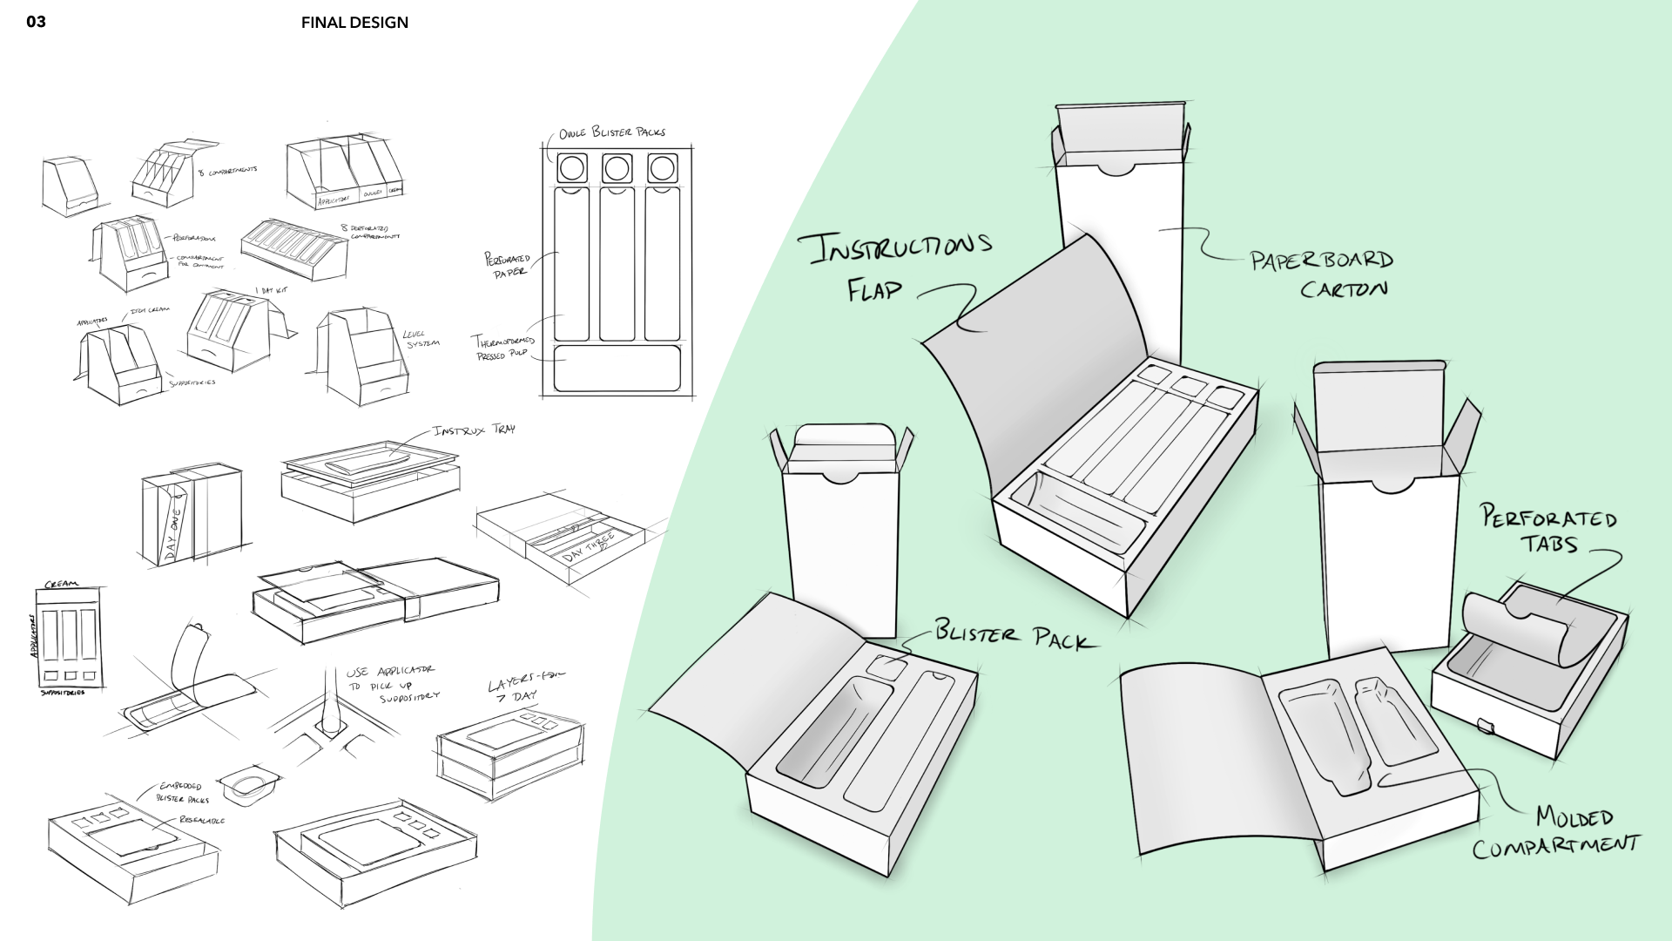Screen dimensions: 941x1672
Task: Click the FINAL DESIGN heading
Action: click(x=354, y=23)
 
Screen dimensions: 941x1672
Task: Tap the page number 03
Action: click(x=36, y=23)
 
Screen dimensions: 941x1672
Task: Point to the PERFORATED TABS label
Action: click(x=1549, y=530)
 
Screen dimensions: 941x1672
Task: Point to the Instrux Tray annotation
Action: click(x=473, y=431)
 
